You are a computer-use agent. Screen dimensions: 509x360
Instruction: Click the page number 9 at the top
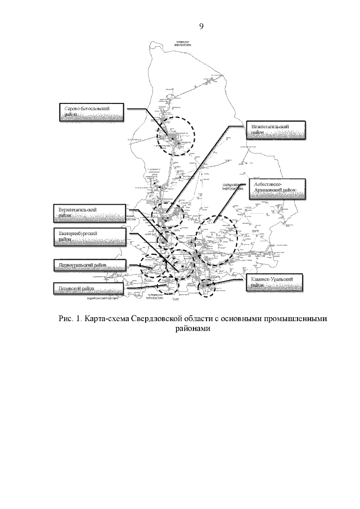tap(201, 25)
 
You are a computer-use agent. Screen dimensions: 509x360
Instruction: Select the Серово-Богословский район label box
tap(92, 111)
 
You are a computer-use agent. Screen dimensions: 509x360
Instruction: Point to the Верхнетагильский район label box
tap(91, 213)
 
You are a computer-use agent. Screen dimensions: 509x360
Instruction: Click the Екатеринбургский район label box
tap(91, 236)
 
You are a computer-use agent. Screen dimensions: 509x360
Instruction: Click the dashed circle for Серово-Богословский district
tap(175, 135)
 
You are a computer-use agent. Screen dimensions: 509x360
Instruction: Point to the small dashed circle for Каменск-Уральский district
tap(208, 289)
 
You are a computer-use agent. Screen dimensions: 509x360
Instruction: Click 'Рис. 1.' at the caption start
tap(69, 318)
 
